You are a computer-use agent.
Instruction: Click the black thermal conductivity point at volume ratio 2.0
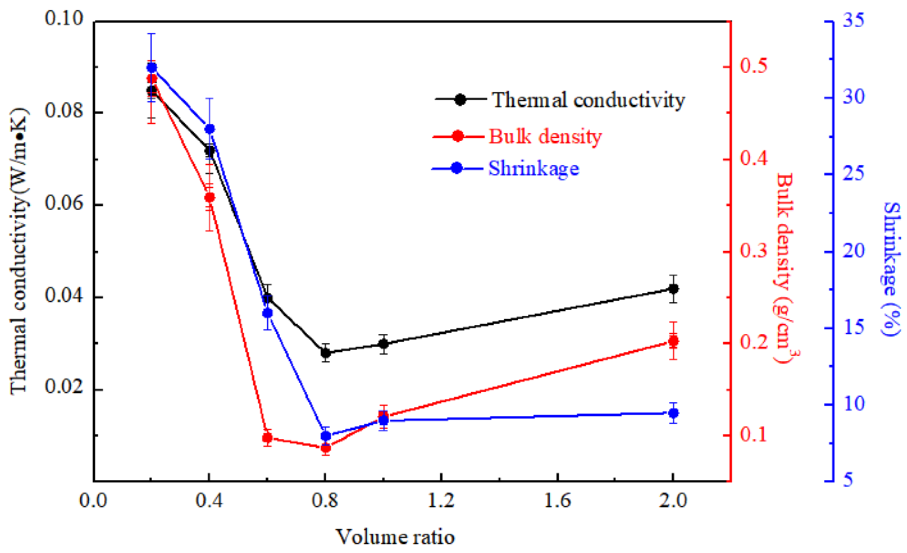pyautogui.click(x=673, y=289)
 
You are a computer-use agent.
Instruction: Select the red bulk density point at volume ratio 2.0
pyautogui.click(x=673, y=341)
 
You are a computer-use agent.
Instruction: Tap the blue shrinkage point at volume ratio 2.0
pyautogui.click(x=673, y=413)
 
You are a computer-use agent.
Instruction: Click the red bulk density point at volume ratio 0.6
pyautogui.click(x=268, y=438)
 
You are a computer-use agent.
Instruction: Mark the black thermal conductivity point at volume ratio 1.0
pyautogui.click(x=384, y=344)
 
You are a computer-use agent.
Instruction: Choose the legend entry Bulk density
pyautogui.click(x=545, y=136)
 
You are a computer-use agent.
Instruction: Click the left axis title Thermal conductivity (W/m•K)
pyautogui.click(x=18, y=251)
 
